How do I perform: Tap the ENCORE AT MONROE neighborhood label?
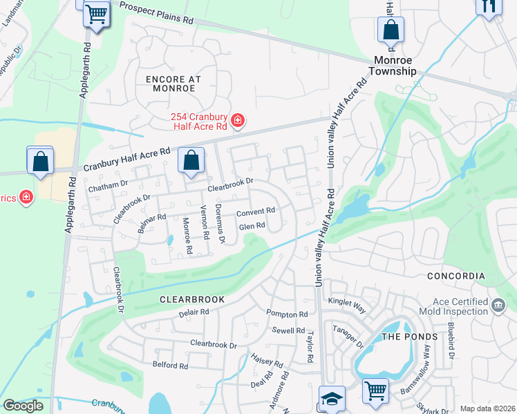pyautogui.click(x=173, y=84)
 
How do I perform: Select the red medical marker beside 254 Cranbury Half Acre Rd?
pyautogui.click(x=238, y=121)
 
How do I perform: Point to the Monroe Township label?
pyautogui.click(x=392, y=66)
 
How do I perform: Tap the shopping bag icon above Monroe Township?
pyautogui.click(x=391, y=31)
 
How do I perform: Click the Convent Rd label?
pyautogui.click(x=256, y=211)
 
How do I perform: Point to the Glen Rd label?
pyautogui.click(x=252, y=226)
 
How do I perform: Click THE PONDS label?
pyautogui.click(x=410, y=337)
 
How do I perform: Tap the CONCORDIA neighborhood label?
pyautogui.click(x=456, y=276)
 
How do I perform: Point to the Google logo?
pyautogui.click(x=23, y=406)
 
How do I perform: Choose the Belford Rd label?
pyautogui.click(x=170, y=366)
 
